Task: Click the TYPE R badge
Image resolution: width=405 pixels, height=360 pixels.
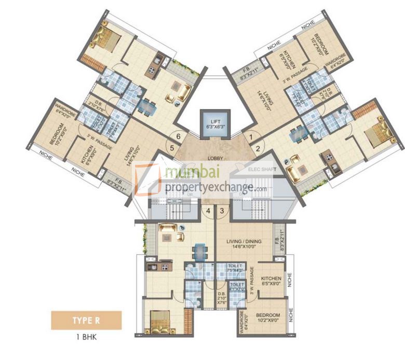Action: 87,320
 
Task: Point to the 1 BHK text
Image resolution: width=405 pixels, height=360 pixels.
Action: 87,337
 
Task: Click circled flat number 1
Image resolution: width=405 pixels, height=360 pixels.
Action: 251,137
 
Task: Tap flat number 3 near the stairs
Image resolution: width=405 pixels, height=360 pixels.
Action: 222,211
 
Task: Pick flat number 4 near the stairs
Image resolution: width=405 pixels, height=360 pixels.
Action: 208,211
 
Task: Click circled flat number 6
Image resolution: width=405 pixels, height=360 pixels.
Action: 179,136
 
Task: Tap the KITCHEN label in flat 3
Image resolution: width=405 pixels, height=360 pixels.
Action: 271,279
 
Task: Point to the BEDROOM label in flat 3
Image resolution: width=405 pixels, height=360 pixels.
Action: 268,315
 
